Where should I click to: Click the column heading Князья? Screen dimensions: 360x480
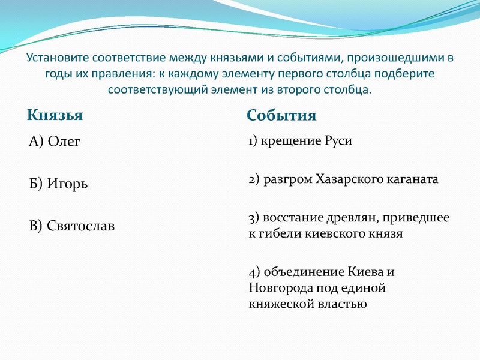pyautogui.click(x=55, y=114)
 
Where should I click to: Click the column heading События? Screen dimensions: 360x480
pyautogui.click(x=281, y=115)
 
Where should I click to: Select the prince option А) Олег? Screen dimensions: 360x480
pyautogui.click(x=55, y=142)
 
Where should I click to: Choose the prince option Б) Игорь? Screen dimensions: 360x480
pyautogui.click(x=59, y=184)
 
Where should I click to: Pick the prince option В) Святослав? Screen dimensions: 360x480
pyautogui.click(x=72, y=226)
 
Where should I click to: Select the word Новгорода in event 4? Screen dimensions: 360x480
pyautogui.click(x=277, y=287)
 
